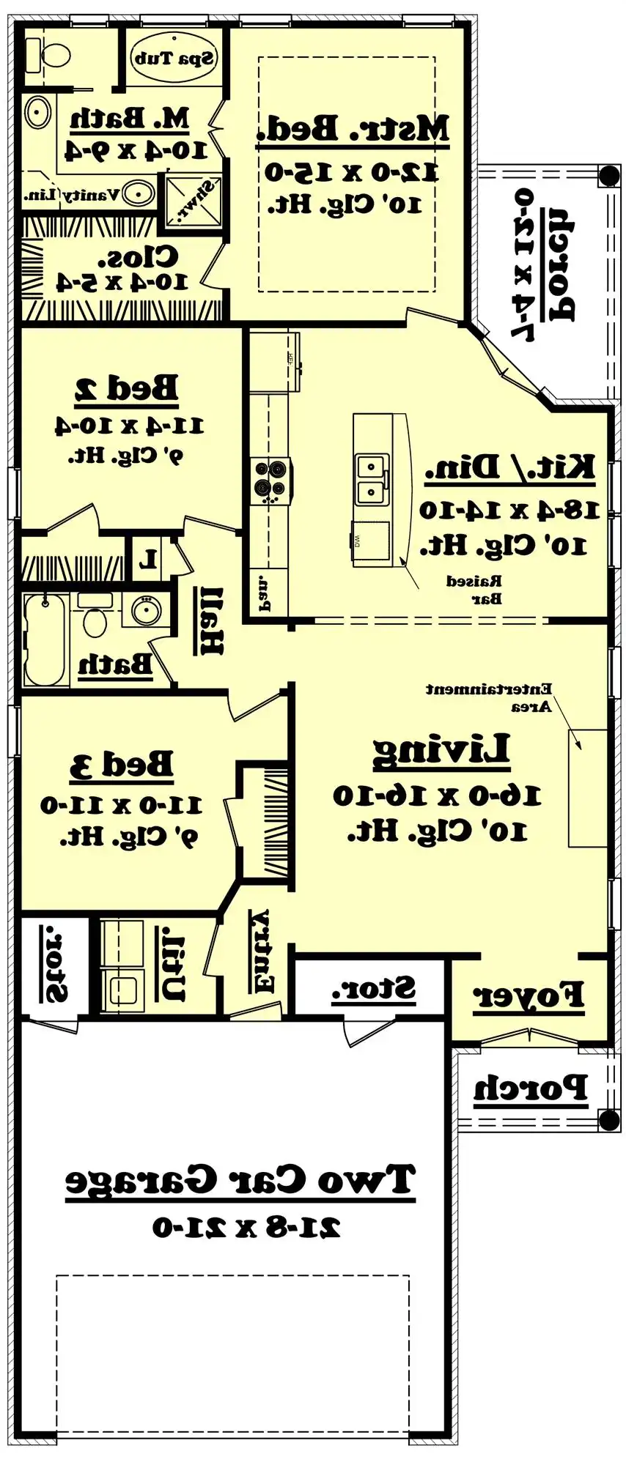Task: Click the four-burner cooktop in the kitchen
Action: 270,480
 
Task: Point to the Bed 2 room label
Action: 126,389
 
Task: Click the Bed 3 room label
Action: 122,765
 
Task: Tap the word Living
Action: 441,750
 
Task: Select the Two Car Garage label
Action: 240,1180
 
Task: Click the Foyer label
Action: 528,995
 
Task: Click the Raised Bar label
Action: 475,590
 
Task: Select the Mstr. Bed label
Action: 353,128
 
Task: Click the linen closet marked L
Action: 149,560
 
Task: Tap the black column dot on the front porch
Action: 608,1120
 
